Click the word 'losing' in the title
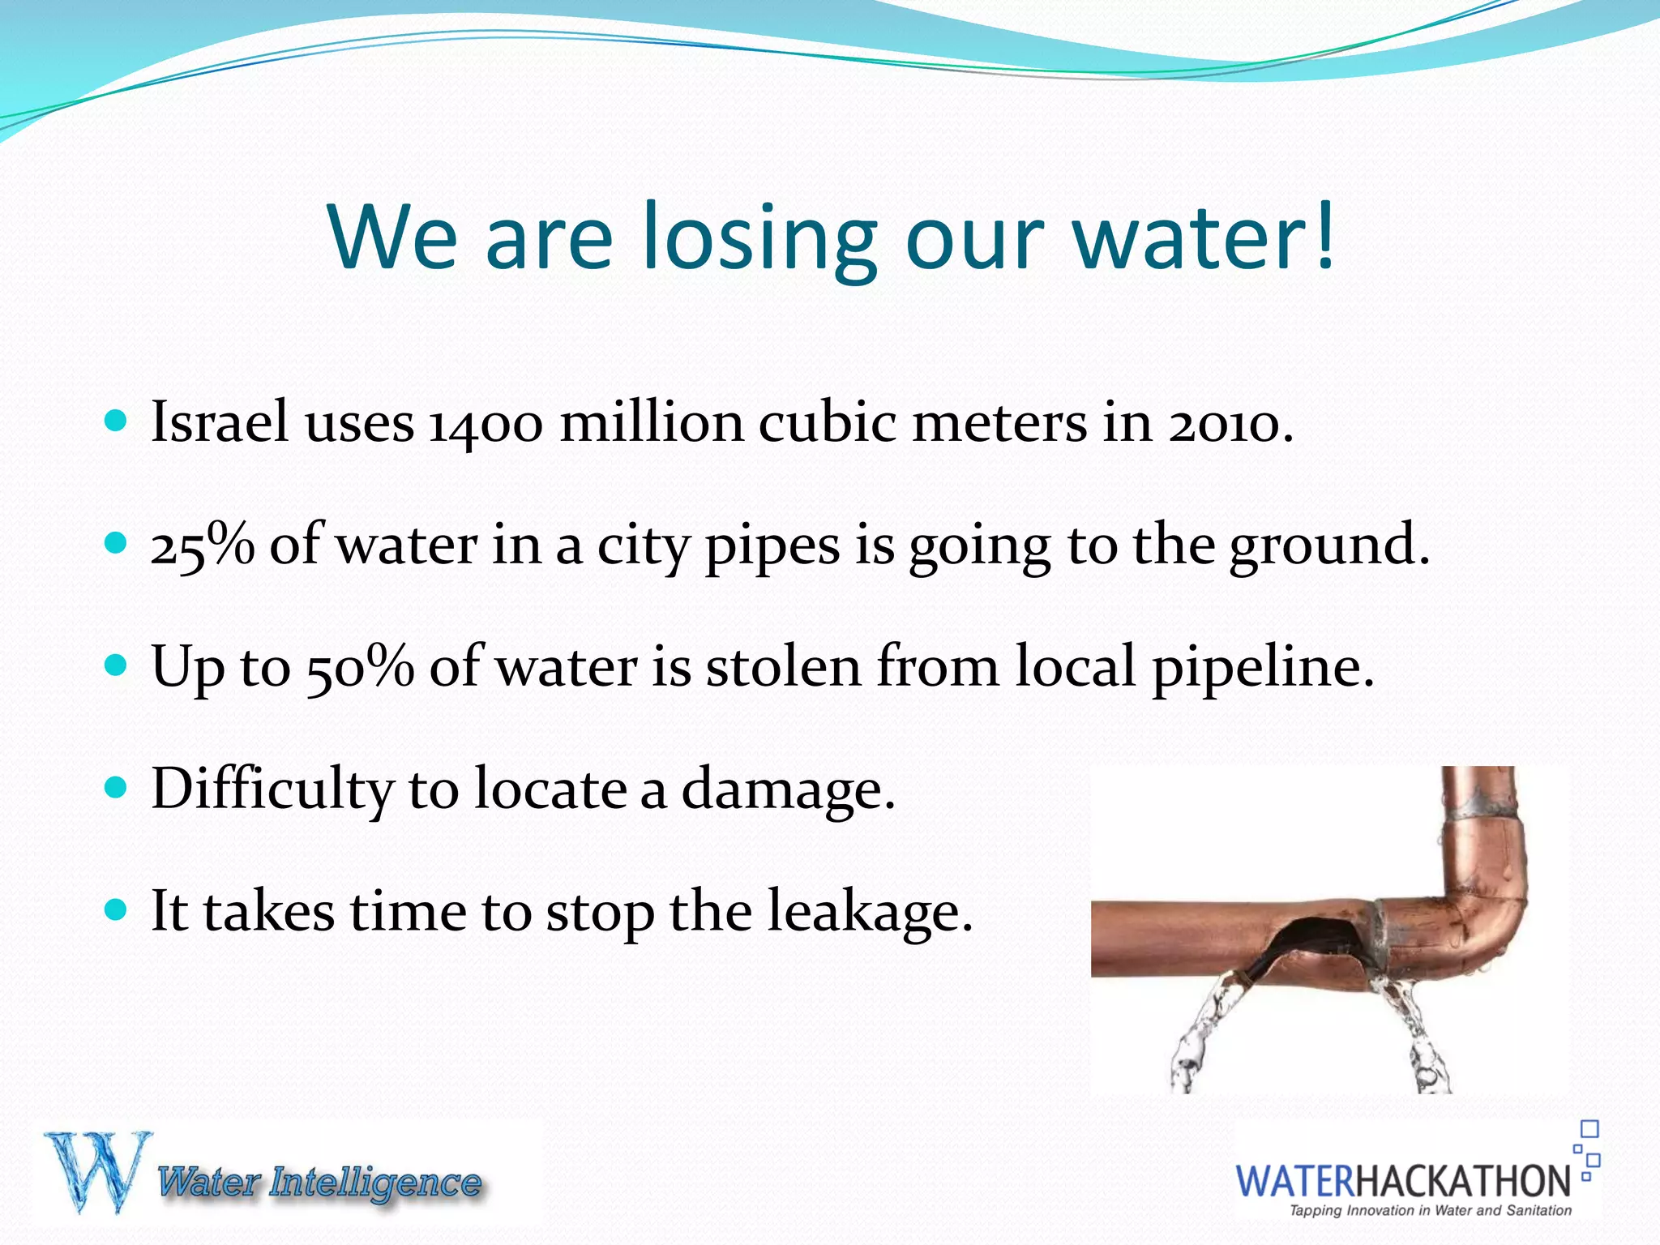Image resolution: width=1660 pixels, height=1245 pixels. [x=759, y=239]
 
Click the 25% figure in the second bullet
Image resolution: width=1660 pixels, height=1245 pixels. [x=202, y=545]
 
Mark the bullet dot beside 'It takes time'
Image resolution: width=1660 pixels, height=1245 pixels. [x=117, y=909]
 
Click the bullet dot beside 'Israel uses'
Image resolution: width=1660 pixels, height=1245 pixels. [x=117, y=421]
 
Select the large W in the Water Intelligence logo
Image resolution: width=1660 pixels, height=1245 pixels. [x=97, y=1171]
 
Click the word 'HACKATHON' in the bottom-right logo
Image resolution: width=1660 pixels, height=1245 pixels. [x=1463, y=1181]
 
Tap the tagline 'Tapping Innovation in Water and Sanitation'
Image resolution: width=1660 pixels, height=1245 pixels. [x=1430, y=1211]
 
